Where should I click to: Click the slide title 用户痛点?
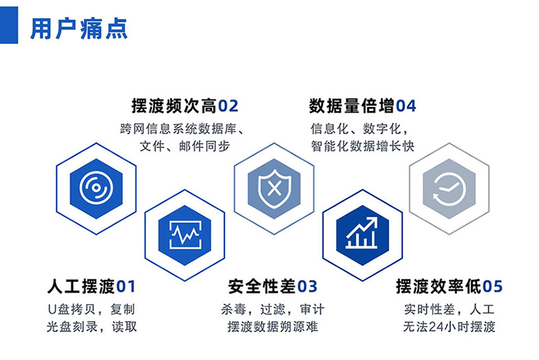click(79, 29)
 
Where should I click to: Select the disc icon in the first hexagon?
click(96, 188)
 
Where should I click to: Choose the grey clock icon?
click(449, 188)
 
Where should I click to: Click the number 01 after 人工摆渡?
click(126, 287)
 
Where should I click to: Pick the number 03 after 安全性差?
click(307, 287)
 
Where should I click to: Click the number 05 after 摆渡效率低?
click(492, 287)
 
